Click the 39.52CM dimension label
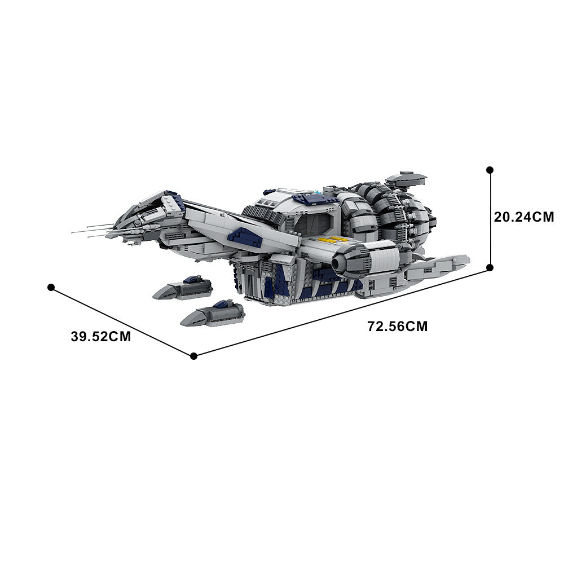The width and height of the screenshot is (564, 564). [101, 337]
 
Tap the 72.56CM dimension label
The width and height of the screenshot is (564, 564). [397, 326]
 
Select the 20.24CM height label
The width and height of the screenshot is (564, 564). [524, 217]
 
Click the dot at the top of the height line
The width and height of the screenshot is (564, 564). [490, 169]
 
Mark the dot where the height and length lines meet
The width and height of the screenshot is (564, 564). [490, 267]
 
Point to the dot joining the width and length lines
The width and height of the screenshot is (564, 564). [193, 355]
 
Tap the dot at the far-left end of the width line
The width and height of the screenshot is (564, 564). [51, 287]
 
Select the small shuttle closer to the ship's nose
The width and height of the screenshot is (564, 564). [183, 289]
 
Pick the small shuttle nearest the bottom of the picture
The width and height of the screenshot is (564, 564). [213, 314]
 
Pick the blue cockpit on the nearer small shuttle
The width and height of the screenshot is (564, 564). [220, 304]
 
